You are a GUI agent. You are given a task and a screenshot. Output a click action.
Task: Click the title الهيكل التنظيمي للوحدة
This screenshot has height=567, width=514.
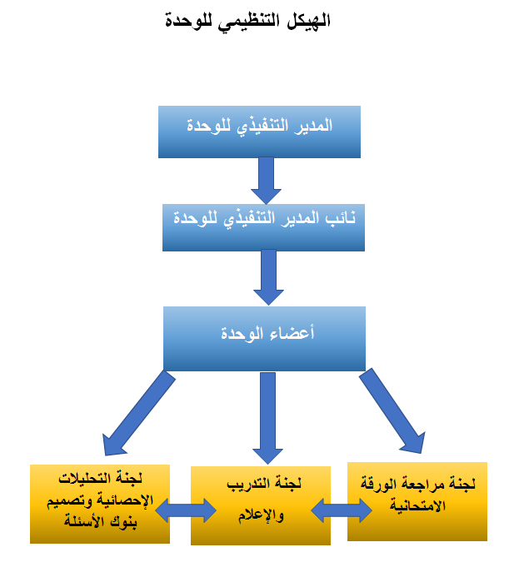pyautogui.click(x=247, y=21)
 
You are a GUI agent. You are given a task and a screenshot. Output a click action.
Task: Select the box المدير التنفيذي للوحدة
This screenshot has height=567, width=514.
pyautogui.click(x=259, y=132)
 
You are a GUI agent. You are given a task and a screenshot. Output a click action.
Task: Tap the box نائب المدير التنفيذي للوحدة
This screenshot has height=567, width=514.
pyautogui.click(x=263, y=227)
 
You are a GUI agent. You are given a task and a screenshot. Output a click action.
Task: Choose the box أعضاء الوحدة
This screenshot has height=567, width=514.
pyautogui.click(x=264, y=339)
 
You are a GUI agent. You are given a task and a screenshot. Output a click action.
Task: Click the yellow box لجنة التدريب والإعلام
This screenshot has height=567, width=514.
pyautogui.click(x=261, y=505)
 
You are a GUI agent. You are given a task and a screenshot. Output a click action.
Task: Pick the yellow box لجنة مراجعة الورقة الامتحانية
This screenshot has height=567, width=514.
pyautogui.click(x=417, y=501)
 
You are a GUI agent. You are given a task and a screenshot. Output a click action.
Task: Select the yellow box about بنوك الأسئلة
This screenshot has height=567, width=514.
pyautogui.click(x=100, y=504)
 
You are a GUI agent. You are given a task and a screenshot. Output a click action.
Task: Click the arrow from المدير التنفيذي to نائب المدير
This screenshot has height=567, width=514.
pyautogui.click(x=267, y=181)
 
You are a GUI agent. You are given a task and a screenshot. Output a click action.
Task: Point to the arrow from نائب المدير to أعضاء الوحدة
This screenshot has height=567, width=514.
pyautogui.click(x=268, y=277)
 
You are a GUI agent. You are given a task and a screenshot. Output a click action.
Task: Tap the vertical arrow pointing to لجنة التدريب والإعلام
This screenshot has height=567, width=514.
pyautogui.click(x=267, y=418)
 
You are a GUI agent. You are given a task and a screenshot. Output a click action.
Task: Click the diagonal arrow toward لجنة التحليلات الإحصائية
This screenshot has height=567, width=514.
pyautogui.click(x=139, y=413)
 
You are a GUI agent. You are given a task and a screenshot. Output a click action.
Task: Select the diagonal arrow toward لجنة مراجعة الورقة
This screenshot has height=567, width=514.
pyautogui.click(x=392, y=411)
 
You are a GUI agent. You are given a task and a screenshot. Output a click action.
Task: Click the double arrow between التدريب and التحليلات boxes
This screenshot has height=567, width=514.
pyautogui.click(x=186, y=510)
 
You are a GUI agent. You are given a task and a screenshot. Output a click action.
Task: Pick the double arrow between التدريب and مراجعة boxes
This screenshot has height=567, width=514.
pyautogui.click(x=342, y=510)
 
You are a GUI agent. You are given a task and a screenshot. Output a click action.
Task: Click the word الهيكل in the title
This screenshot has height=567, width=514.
pyautogui.click(x=308, y=20)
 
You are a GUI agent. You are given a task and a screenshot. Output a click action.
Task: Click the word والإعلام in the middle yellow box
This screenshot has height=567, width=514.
pyautogui.click(x=261, y=515)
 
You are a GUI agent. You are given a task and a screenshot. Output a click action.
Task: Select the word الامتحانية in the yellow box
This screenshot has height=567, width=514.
pyautogui.click(x=417, y=505)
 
